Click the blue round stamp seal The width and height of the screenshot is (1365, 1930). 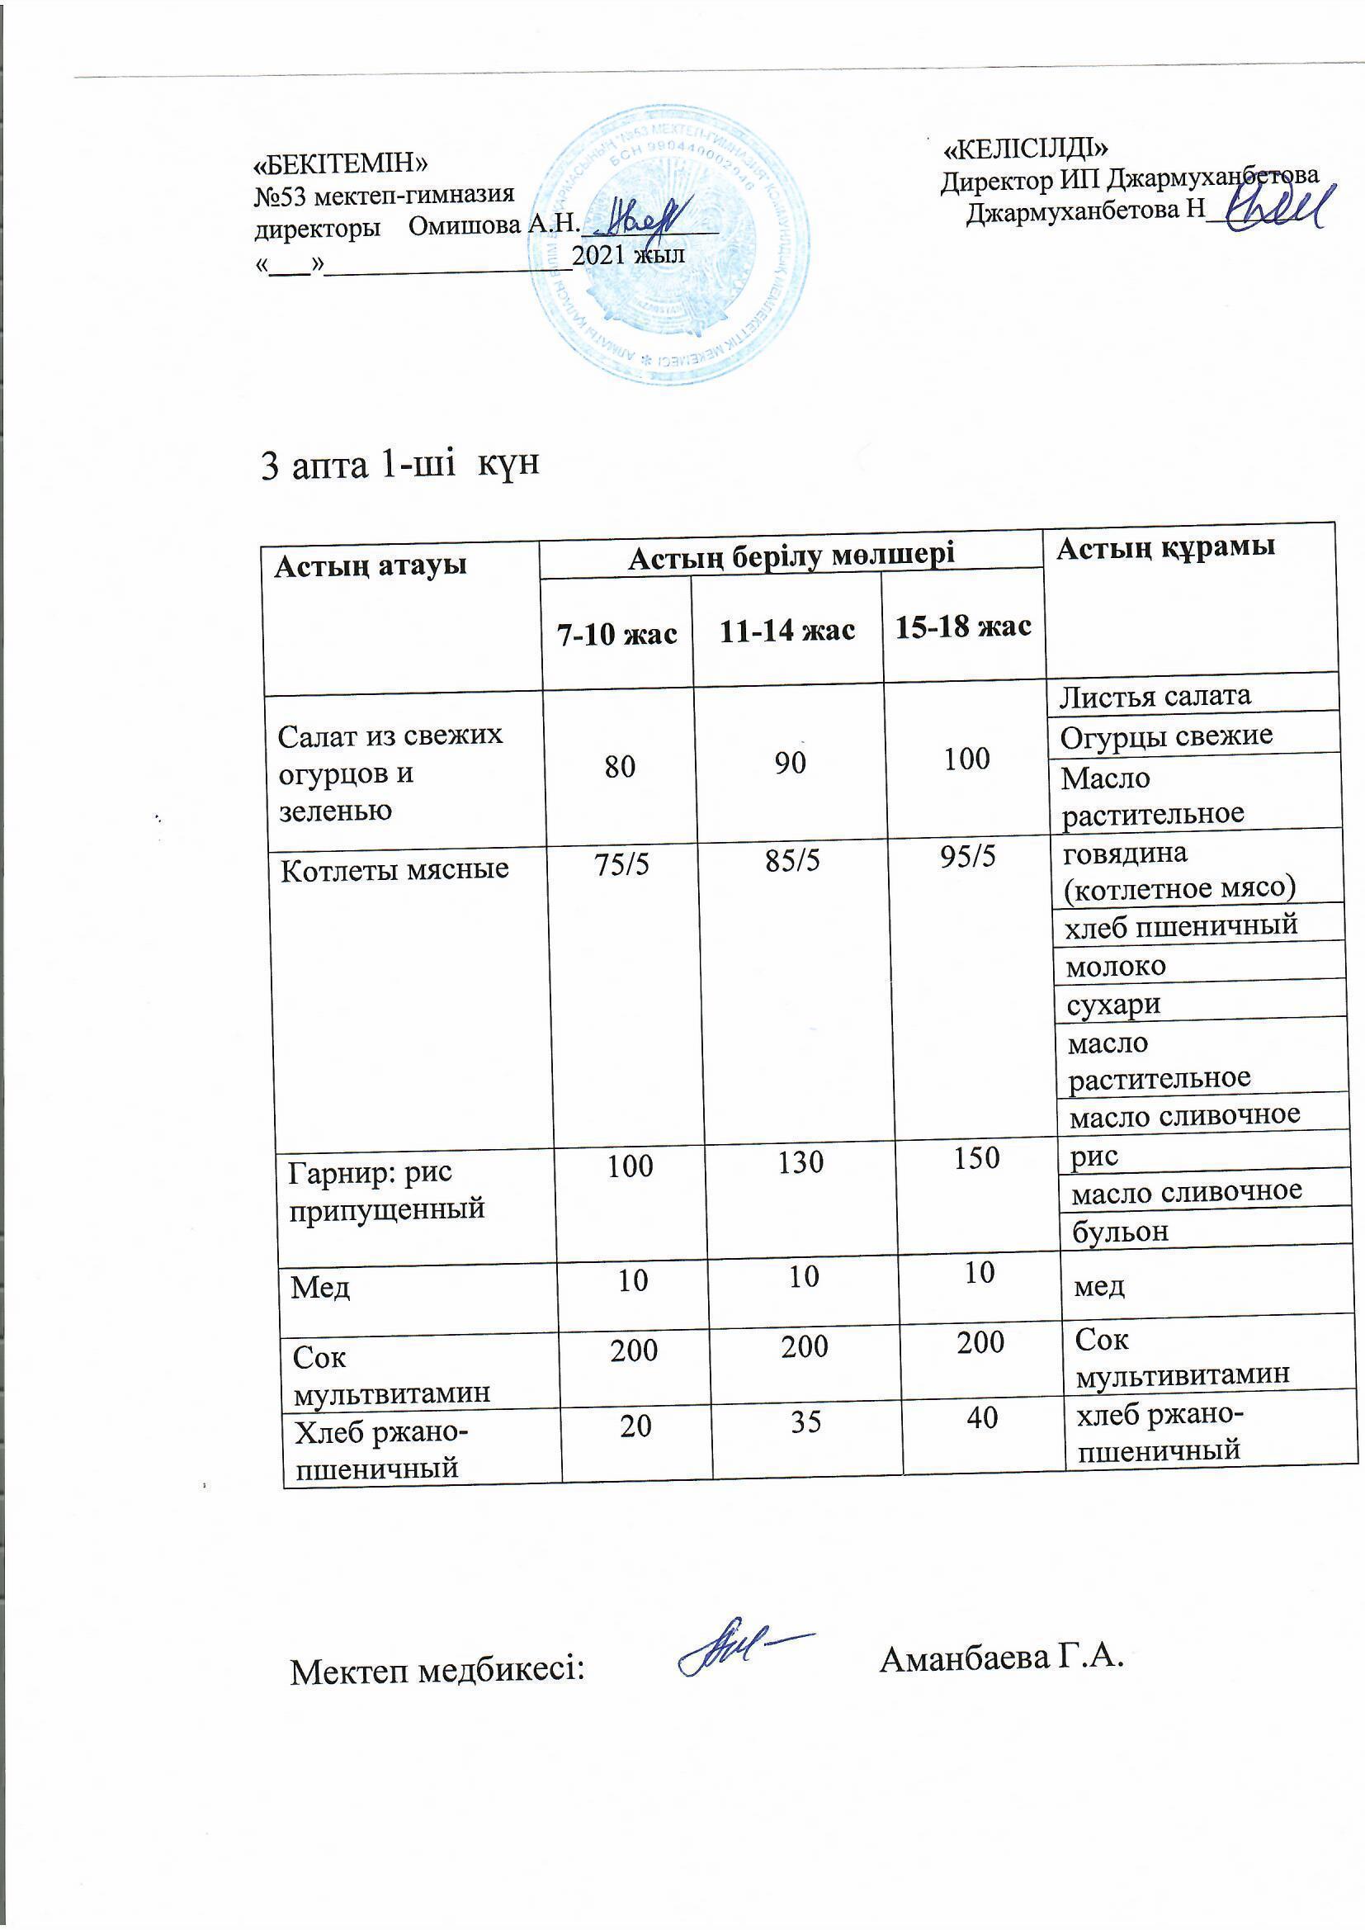click(x=671, y=245)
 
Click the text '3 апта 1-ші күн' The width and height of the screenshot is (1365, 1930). click(x=400, y=465)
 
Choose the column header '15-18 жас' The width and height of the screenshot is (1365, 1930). click(x=963, y=627)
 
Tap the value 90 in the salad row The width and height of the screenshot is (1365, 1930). click(x=790, y=763)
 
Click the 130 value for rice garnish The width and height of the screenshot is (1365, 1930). click(x=801, y=1162)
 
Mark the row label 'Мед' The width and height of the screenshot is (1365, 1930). click(x=320, y=1287)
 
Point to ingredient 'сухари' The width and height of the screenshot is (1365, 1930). click(x=1112, y=1005)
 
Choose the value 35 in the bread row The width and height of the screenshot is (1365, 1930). click(x=805, y=1422)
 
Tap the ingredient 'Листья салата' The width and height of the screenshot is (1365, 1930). click(x=1155, y=696)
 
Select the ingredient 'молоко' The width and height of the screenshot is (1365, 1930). click(x=1116, y=967)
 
